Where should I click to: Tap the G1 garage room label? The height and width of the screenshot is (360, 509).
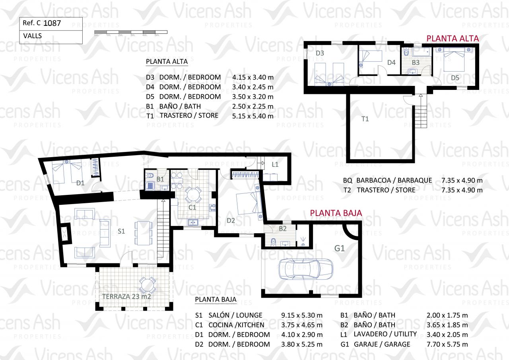[340, 248]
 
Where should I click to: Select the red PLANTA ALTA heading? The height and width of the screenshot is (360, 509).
[453, 39]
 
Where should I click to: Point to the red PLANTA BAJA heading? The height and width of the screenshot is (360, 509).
[336, 213]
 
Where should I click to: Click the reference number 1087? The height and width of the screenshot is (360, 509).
[52, 23]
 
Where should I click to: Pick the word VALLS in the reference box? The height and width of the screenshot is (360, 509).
[33, 36]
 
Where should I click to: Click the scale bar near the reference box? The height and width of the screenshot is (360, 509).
[131, 32]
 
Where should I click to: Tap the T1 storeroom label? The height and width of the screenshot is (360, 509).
[365, 119]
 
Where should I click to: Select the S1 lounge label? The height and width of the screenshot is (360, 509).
[121, 231]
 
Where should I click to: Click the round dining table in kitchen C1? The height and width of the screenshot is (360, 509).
[193, 195]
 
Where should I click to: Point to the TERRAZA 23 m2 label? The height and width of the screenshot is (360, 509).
[126, 296]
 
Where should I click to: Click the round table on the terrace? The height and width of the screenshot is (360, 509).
[148, 285]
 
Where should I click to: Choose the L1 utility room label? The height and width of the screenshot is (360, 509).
[275, 164]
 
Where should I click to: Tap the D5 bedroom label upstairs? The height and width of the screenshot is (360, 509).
[455, 78]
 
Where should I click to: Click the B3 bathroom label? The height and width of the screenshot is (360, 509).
[416, 62]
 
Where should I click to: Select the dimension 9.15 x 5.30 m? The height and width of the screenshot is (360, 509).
[302, 315]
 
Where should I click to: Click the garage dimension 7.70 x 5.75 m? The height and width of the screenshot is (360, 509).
[447, 344]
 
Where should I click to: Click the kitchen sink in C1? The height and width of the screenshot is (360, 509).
[193, 222]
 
